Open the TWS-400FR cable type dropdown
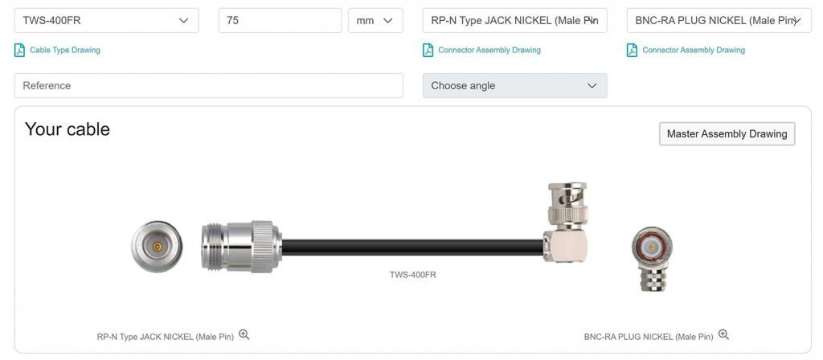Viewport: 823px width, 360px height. pyautogui.click(x=107, y=20)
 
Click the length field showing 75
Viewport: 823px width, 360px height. pyautogui.click(x=280, y=20)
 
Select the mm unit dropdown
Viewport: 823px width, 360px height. pyautogui.click(x=375, y=20)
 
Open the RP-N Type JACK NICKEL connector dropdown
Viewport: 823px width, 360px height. pyautogui.click(x=515, y=20)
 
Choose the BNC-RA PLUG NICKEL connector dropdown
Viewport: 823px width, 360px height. pyautogui.click(x=719, y=20)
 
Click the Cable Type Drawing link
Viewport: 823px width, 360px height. pyautogui.click(x=64, y=51)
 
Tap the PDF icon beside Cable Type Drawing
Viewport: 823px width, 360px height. pyautogui.click(x=19, y=51)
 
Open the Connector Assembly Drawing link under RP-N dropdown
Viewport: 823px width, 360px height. pyautogui.click(x=489, y=51)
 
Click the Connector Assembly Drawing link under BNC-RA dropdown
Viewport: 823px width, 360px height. pyautogui.click(x=694, y=51)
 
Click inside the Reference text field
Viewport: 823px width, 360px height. pyautogui.click(x=209, y=85)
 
